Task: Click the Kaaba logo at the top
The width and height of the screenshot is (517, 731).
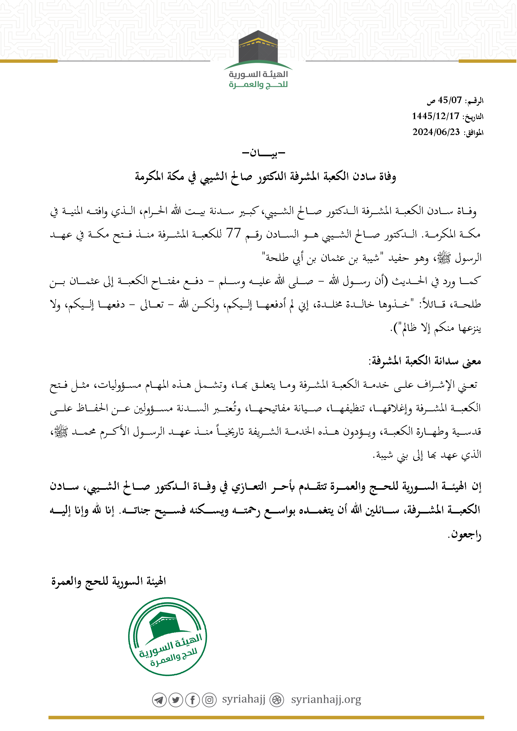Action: [258, 48]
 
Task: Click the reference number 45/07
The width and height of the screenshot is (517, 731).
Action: [449, 100]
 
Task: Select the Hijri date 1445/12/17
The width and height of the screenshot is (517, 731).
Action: [435, 116]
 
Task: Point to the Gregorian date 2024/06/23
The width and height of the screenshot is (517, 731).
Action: [436, 132]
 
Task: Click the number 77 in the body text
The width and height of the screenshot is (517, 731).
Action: [233, 233]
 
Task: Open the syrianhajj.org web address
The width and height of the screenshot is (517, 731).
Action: [326, 700]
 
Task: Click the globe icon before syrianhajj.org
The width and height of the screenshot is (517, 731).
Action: [277, 700]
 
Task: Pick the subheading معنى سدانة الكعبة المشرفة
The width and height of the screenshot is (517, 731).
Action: [425, 361]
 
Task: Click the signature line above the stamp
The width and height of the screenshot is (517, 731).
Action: [108, 581]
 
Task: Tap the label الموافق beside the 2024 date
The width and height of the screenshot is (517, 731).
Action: [473, 133]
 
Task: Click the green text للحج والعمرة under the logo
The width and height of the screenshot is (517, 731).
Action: [258, 85]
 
